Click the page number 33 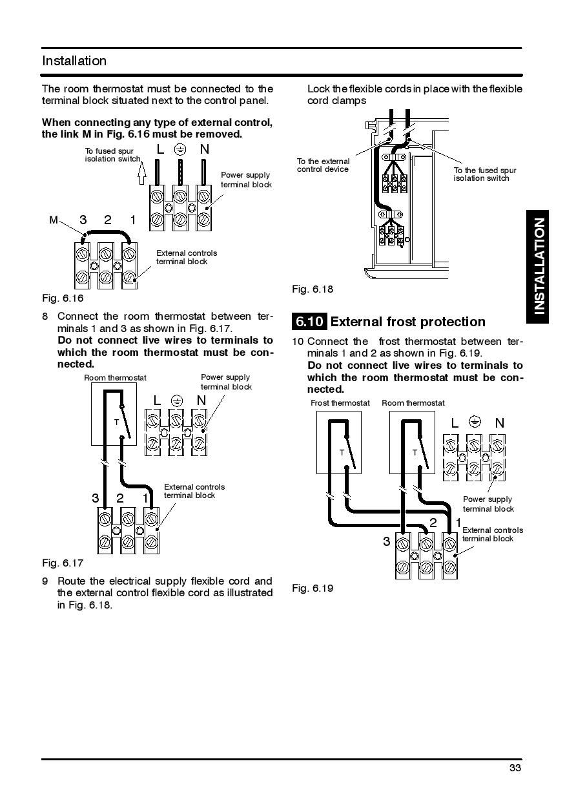coord(515,768)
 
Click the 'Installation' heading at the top coord(74,61)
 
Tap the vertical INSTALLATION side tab coord(539,265)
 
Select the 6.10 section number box coord(309,322)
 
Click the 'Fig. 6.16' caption coord(63,298)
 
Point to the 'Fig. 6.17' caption coord(63,563)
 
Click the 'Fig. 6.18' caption coord(313,289)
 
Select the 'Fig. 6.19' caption coord(313,588)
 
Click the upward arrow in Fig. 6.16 coord(143,174)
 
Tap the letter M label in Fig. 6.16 coord(54,220)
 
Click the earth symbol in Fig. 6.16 coord(181,150)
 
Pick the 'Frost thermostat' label coord(340,403)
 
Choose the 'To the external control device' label coord(323,165)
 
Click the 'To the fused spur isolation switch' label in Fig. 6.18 coord(484,174)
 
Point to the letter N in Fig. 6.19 coord(499,423)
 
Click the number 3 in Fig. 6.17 coord(96,498)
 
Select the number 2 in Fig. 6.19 coord(433,523)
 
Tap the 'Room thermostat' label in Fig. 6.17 coord(115,378)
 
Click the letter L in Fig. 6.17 coord(157,400)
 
